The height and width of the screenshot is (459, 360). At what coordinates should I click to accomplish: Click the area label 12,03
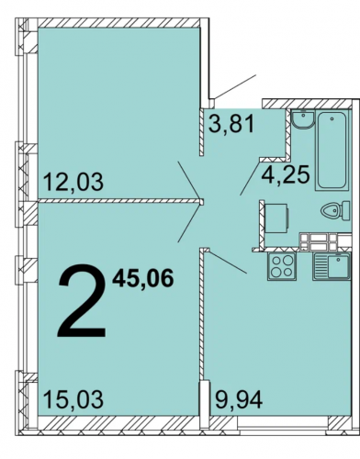73,182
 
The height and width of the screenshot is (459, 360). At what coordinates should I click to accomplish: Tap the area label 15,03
73,399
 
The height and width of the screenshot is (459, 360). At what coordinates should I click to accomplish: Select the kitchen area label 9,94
239,399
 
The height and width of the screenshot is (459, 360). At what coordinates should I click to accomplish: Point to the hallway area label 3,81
231,124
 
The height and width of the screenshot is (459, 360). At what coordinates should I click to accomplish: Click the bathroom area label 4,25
286,175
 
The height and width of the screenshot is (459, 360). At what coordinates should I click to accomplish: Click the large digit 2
82,300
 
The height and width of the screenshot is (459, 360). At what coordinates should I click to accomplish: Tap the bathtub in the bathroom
332,150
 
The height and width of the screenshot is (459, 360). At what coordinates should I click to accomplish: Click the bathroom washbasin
302,119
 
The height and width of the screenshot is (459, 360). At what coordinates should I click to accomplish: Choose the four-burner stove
282,266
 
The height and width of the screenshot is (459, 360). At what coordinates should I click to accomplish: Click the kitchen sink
332,266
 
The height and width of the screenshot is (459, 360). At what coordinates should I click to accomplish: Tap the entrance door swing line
234,87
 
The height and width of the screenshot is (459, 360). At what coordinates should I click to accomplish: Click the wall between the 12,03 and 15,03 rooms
120,201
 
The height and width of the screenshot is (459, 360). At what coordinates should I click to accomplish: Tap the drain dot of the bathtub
332,118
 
